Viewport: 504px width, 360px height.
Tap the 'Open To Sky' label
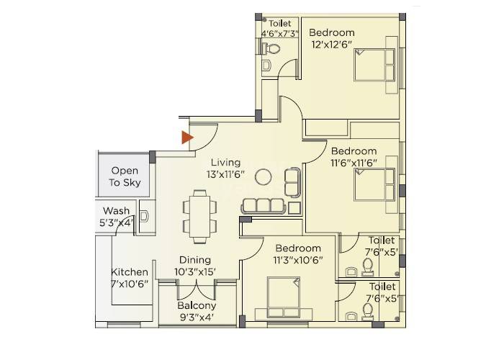click(125, 177)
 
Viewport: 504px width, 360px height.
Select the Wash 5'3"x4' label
click(115, 217)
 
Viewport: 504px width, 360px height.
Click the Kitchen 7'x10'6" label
click(130, 278)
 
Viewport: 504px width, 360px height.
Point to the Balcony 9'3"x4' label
click(197, 310)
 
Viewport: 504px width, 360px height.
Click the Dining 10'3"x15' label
click(195, 265)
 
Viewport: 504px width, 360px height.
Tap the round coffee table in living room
click(264, 176)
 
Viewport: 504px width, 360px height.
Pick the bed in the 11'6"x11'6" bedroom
click(374, 187)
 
